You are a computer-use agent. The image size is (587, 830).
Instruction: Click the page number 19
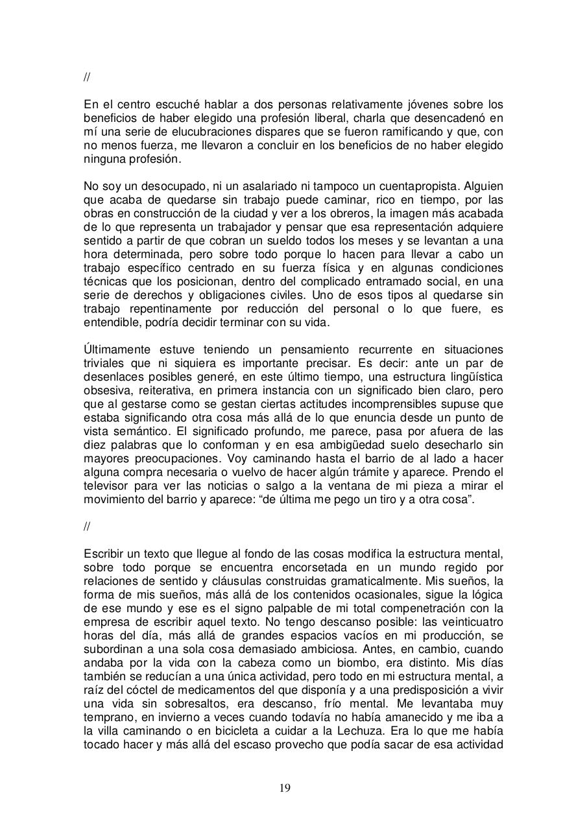click(x=285, y=788)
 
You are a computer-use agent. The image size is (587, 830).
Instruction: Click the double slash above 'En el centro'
click(x=87, y=78)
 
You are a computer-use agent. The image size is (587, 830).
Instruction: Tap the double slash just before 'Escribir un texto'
click(x=87, y=526)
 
